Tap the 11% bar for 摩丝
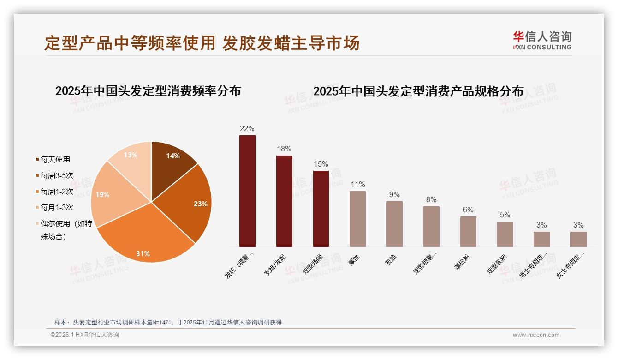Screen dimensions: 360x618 (x=357, y=219)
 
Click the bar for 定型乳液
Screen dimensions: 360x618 (x=505, y=234)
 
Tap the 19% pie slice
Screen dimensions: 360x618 (x=108, y=196)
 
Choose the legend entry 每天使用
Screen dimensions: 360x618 (x=55, y=160)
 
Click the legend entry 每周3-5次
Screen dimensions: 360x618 (x=56, y=175)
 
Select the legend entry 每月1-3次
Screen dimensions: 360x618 (x=56, y=207)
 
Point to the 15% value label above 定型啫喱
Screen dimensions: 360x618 (x=321, y=164)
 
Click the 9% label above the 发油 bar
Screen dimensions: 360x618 (x=394, y=195)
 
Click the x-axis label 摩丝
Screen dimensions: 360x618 (x=354, y=261)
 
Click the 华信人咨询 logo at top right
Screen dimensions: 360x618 (x=542, y=40)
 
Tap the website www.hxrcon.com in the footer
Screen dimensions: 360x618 (x=536, y=335)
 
